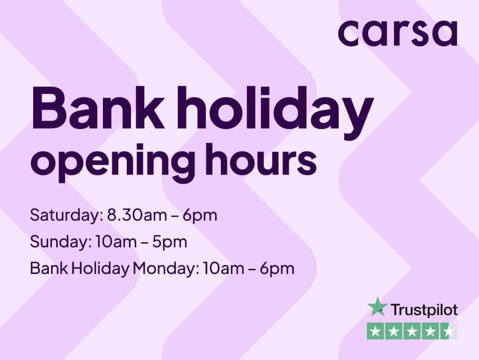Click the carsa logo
click(x=398, y=33)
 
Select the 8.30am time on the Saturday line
click(x=137, y=215)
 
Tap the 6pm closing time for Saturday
click(x=200, y=216)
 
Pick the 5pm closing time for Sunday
click(x=170, y=242)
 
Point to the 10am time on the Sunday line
click(x=116, y=241)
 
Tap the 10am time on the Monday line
click(x=223, y=269)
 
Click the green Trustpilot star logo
click(x=377, y=306)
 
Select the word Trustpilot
click(x=425, y=310)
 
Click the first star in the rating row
click(x=375, y=331)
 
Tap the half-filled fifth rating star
click(x=449, y=331)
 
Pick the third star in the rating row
click(x=412, y=331)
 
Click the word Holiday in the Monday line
click(x=100, y=269)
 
